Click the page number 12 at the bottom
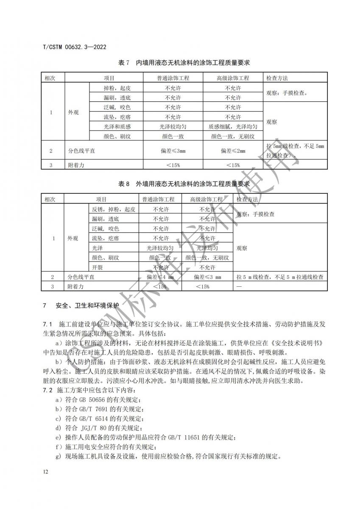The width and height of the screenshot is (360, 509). coord(46,472)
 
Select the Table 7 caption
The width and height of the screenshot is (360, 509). coord(184,63)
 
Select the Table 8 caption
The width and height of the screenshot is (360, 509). coord(184,185)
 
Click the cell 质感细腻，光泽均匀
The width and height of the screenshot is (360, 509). coord(233,126)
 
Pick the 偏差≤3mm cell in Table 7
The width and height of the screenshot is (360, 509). coord(173,151)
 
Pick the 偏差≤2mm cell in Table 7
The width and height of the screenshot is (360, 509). coord(233,151)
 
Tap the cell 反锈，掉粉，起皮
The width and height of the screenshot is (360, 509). coord(114,209)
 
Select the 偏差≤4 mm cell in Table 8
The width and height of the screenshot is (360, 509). coord(160,277)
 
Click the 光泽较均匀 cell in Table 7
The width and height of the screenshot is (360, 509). coord(173,126)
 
